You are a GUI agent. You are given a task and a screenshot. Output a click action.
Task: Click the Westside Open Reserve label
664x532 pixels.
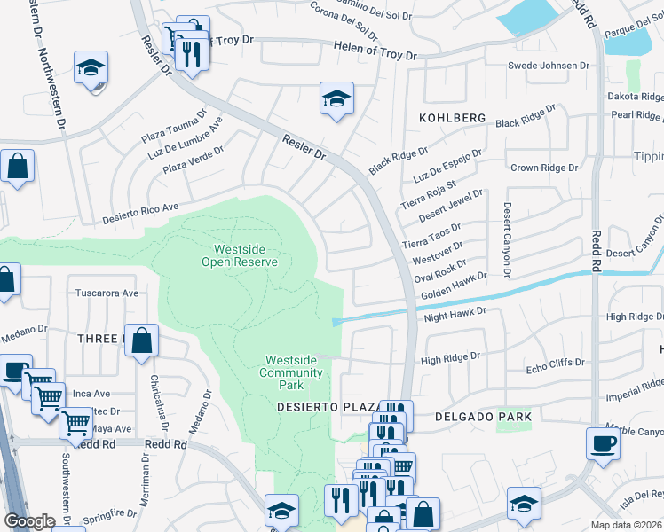(240, 255)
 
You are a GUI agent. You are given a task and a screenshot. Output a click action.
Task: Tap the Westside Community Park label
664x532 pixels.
(290, 372)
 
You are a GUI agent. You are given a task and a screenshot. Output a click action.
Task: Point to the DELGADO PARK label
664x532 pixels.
(483, 416)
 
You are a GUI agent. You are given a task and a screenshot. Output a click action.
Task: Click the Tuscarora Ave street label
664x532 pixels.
(107, 293)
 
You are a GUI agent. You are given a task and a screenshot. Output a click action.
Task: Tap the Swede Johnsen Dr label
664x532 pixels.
(548, 66)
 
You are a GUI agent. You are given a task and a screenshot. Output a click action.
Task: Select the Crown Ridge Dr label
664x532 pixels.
(544, 168)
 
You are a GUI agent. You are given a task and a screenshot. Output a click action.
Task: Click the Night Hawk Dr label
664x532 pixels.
(455, 313)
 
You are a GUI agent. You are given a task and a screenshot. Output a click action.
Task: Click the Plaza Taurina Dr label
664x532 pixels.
(174, 127)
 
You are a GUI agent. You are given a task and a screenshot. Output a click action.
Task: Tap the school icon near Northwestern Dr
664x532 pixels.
(91, 69)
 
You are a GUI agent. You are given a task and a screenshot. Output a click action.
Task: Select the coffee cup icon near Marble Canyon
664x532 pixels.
(603, 443)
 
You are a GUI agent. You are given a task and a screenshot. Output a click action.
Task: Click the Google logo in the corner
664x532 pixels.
(30, 521)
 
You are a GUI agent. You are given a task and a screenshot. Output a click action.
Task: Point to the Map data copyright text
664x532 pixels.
(626, 525)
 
